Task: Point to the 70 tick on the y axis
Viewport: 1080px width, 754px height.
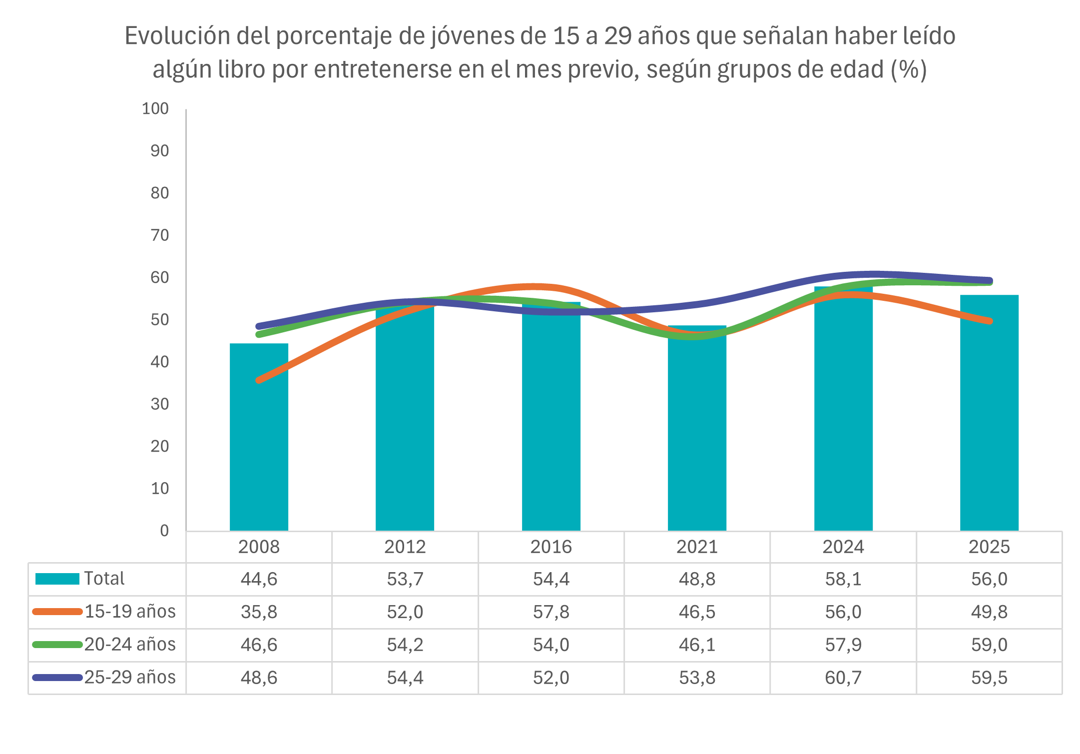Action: [160, 235]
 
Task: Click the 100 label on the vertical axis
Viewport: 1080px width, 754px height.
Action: [155, 108]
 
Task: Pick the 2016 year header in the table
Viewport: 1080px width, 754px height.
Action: [551, 547]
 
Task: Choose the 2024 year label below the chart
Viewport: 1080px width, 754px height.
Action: [843, 547]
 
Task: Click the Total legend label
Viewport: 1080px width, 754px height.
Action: [104, 579]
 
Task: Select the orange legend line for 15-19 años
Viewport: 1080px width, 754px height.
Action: [57, 612]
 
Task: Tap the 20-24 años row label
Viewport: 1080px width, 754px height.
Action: [130, 645]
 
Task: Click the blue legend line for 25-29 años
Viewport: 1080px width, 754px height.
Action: [57, 678]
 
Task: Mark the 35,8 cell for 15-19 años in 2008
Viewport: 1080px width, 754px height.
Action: [259, 612]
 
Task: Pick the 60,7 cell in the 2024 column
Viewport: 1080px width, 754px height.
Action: [843, 678]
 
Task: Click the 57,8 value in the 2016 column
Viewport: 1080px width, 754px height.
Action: [551, 612]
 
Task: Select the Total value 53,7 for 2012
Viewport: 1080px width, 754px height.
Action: [405, 579]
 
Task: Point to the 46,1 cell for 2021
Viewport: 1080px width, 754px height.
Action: [697, 645]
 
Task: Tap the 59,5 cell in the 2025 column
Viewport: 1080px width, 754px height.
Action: [989, 678]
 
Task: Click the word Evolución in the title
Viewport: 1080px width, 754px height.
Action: [177, 36]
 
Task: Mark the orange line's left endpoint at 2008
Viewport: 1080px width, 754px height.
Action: [259, 380]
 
